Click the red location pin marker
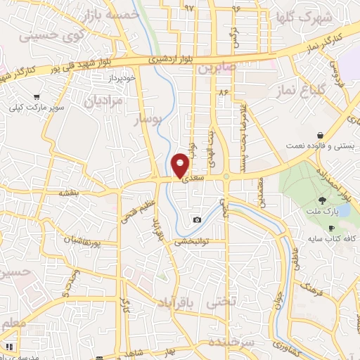coord(181,165)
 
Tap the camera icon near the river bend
coord(197,220)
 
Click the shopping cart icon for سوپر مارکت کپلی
coord(37,97)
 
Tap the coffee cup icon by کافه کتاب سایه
coord(332,228)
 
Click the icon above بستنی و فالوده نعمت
coord(320,134)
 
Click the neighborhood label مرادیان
coord(103,101)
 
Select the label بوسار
coord(148,122)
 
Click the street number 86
coord(224,92)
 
